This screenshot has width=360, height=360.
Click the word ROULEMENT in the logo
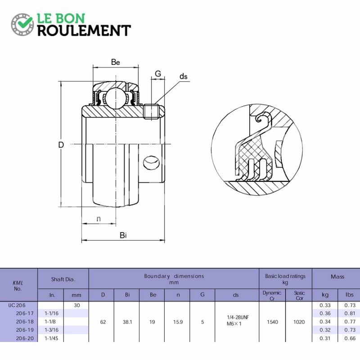tap(84, 31)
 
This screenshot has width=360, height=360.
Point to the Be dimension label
tap(115, 62)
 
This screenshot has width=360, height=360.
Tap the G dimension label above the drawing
tap(158, 74)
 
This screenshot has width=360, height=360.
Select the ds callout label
tap(184, 76)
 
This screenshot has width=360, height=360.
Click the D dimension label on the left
tap(61, 145)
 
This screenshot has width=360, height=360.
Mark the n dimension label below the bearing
tap(99, 219)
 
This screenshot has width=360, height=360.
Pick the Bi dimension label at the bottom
tap(123, 235)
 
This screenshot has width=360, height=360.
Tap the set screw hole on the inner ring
tap(151, 163)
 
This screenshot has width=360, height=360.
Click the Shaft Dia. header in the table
tap(63, 279)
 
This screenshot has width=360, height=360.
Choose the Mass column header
tap(337, 277)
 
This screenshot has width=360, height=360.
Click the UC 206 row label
tap(17, 306)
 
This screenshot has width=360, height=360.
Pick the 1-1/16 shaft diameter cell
tap(51, 313)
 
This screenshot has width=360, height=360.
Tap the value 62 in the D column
tap(103, 322)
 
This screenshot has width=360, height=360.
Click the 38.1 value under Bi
tap(127, 322)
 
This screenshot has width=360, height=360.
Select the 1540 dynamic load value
tap(272, 322)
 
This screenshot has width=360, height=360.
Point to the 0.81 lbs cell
tap(350, 313)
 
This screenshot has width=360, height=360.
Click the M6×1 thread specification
tap(234, 324)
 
